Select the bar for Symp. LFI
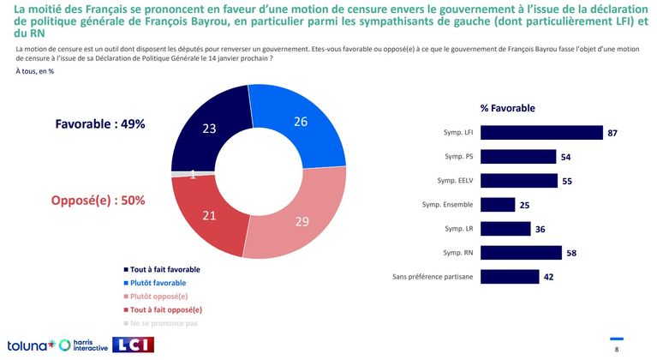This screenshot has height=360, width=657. (541, 133)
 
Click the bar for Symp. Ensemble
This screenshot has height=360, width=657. (498, 205)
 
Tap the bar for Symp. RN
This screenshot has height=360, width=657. (521, 252)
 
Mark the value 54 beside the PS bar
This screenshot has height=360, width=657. (565, 157)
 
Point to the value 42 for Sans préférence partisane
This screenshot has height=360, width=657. (550, 277)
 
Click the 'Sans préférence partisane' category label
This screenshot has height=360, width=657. (433, 277)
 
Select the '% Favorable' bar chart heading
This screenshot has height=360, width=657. (507, 108)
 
